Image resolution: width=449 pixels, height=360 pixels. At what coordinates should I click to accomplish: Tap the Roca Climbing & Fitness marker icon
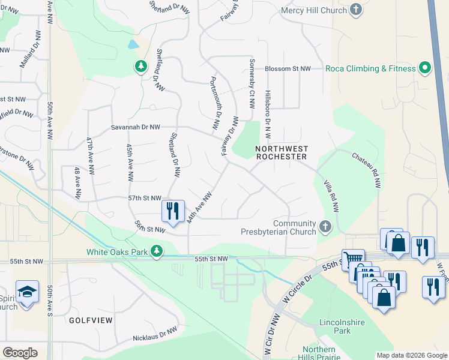pos(425,68)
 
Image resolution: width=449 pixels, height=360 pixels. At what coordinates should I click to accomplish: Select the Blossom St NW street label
pos(288,69)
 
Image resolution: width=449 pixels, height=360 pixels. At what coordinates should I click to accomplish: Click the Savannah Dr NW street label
pos(136,127)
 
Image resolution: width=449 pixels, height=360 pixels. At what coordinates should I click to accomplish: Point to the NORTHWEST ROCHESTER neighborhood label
pos(282,152)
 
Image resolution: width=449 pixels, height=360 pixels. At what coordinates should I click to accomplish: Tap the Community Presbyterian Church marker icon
pos(325,226)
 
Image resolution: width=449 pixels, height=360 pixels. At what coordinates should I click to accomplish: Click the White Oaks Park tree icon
pos(157,251)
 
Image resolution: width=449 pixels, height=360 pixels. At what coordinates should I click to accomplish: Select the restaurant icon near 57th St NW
pos(172,211)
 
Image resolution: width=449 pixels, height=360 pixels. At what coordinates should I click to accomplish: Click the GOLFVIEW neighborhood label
pos(91,320)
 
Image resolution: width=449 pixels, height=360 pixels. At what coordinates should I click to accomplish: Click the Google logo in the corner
pos(20,352)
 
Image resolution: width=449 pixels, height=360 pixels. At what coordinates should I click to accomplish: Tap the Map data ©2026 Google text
pos(411,355)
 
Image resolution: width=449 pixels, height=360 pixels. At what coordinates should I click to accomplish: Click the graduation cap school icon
pos(27,292)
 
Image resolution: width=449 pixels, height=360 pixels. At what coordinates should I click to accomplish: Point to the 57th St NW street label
pos(145,198)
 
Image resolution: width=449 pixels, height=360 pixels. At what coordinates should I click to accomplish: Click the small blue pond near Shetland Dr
pos(133,44)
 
